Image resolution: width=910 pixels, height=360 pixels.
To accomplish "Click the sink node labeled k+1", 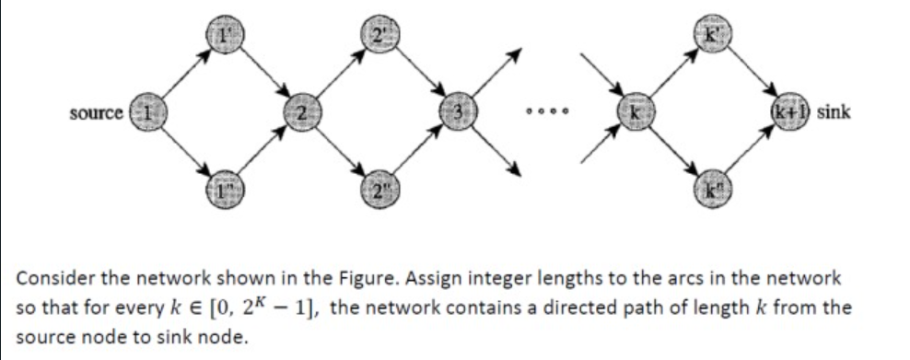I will [x=793, y=113].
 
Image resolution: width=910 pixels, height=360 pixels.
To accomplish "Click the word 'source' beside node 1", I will [x=97, y=113].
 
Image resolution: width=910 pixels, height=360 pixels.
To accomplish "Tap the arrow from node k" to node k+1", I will [x=751, y=153].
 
